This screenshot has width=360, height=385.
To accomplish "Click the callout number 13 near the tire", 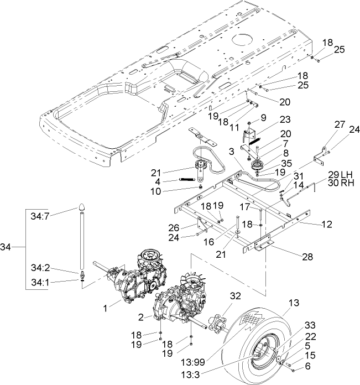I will click(x=293, y=303).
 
